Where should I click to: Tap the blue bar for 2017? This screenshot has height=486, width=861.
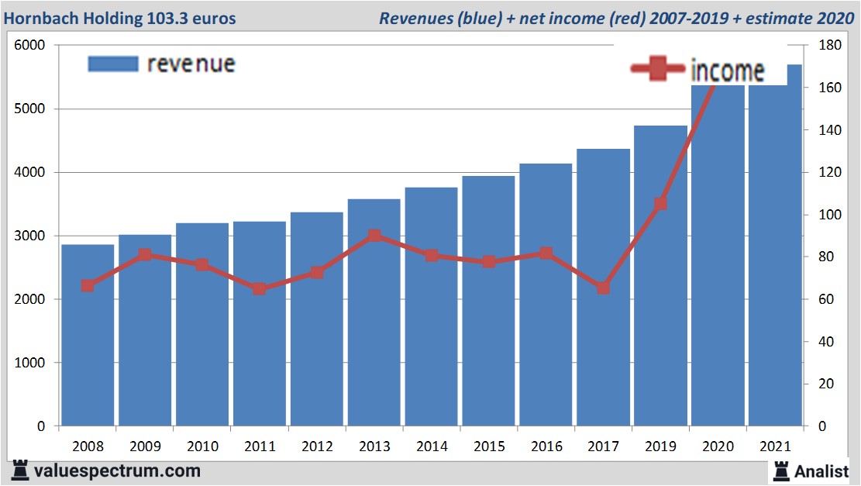point(603,287)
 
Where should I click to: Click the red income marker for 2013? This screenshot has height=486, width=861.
point(374,236)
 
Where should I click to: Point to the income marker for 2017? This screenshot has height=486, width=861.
point(603,288)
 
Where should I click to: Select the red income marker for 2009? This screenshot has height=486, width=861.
point(145,254)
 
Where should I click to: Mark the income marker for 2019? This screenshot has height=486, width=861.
point(660,204)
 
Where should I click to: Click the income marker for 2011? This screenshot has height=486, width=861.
point(260,288)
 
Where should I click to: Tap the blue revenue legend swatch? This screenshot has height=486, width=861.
point(112,64)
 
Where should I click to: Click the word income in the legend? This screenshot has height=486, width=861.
point(727,71)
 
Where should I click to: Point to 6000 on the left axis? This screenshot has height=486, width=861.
point(30,46)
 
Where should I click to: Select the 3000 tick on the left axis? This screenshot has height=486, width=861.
point(30,236)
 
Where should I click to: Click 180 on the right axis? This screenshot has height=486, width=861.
point(823,46)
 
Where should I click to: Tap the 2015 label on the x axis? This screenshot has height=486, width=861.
point(488,446)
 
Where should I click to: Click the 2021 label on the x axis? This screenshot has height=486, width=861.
point(775,446)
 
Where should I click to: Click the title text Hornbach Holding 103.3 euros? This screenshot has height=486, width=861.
point(121,18)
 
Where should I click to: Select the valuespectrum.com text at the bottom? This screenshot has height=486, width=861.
point(117,470)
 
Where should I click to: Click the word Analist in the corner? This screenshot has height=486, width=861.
point(821,470)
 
